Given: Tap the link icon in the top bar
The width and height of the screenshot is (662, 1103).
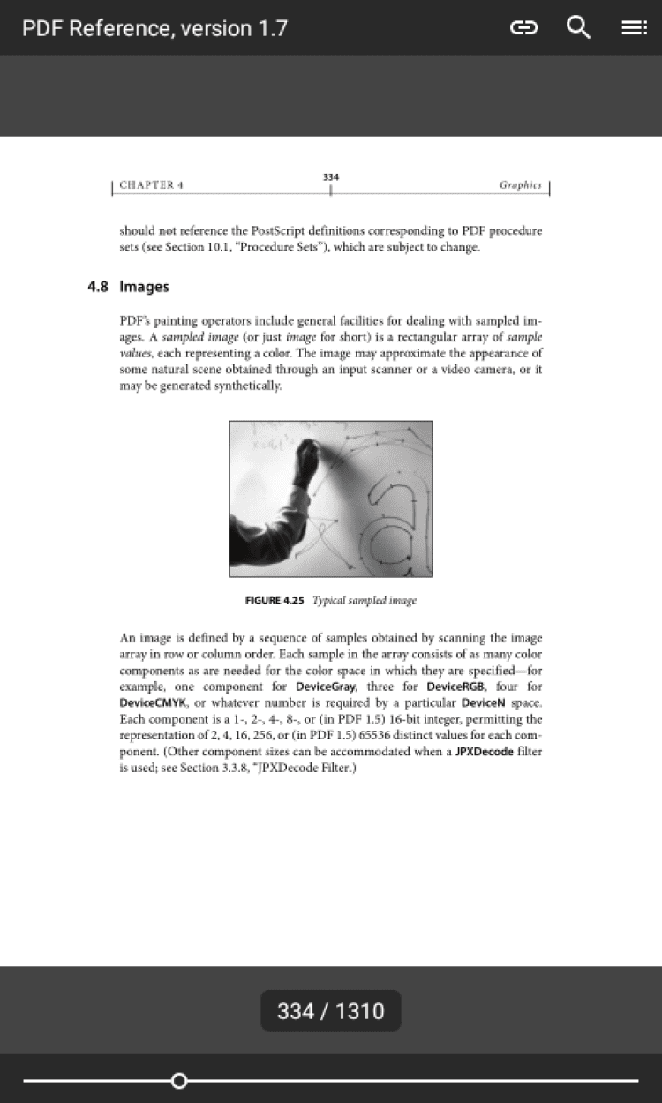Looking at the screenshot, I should [523, 28].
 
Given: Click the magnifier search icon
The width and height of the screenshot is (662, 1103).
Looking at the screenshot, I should [578, 27].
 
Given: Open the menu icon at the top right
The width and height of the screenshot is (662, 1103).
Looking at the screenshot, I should [633, 28].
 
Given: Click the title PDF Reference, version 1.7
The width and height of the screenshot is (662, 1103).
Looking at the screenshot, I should [154, 28].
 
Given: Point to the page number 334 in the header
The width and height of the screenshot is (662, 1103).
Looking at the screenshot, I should [330, 177].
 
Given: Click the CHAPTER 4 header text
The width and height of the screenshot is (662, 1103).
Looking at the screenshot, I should [151, 185].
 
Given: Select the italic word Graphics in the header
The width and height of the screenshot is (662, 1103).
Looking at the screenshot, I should [520, 185].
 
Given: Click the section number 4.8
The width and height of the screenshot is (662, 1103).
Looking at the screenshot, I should [97, 287].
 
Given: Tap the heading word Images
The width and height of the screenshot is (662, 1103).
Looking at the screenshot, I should [144, 287].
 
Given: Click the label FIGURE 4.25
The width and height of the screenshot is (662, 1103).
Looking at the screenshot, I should [275, 600].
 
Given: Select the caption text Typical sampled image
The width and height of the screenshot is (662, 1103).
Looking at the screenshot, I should [365, 600].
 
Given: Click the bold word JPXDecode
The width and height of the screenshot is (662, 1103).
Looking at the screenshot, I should [484, 752].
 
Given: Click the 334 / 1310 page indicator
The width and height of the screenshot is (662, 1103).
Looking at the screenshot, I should [330, 1010].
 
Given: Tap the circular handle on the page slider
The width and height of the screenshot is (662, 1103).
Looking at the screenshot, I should [179, 1080].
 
